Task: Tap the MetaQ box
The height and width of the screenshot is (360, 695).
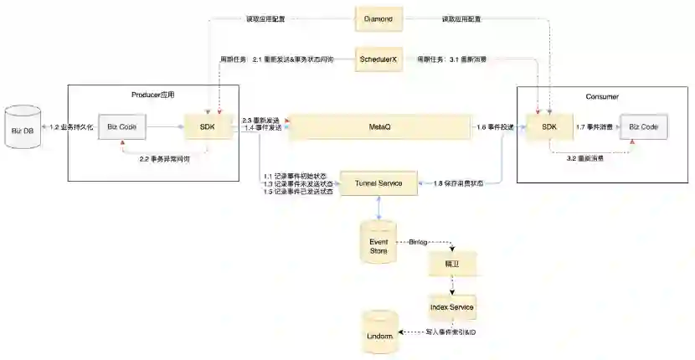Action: click(379, 127)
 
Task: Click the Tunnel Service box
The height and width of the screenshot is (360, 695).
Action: click(379, 183)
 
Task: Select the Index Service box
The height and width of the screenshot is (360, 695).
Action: click(452, 306)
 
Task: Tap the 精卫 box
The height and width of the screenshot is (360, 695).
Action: click(452, 263)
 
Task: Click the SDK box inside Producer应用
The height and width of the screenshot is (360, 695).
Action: click(206, 127)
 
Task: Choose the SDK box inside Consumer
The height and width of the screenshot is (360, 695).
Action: click(548, 127)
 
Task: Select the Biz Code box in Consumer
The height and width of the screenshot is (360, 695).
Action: click(643, 127)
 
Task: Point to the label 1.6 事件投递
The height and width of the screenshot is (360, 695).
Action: click(494, 127)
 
